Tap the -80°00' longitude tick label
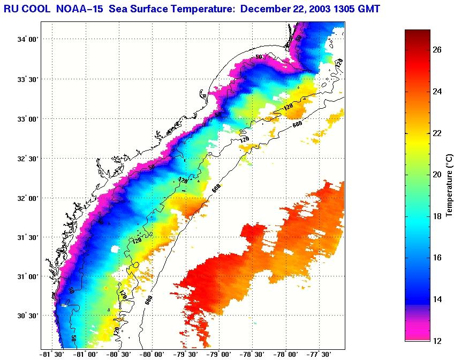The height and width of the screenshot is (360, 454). pos(152,354)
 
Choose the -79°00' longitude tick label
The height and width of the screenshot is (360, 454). pos(218,354)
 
